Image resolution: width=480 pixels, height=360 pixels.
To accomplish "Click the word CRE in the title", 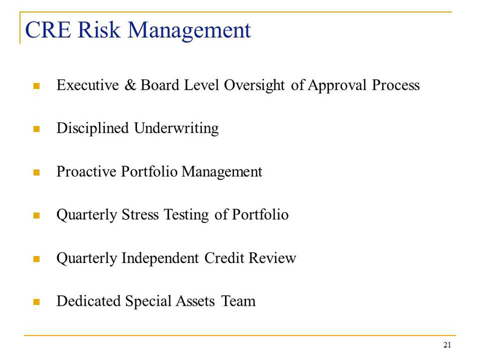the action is click(48, 30).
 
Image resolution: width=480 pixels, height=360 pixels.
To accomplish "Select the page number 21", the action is click(447, 345).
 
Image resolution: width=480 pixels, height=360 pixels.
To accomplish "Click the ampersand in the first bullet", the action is click(130, 85).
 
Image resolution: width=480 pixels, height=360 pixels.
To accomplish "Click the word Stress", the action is click(140, 215).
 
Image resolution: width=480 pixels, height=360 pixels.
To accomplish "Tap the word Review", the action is click(272, 258).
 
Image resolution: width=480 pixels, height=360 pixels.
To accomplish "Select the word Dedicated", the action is click(89, 301).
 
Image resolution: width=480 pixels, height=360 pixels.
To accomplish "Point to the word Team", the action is click(238, 301).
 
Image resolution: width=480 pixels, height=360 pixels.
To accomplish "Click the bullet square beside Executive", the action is click(36, 86).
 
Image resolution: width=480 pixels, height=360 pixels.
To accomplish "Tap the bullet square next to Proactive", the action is click(36, 172).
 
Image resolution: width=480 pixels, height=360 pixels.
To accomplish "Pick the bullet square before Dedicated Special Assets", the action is click(36, 302).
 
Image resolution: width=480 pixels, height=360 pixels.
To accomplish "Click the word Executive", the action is click(88, 85).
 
